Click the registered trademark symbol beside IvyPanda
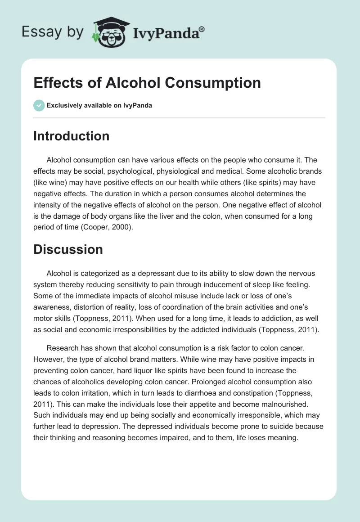pos(202,30)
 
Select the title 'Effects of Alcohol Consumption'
pos(147,83)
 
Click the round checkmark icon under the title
pos(39,105)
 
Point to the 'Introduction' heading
pos(71,136)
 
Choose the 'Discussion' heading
pos(68,249)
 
